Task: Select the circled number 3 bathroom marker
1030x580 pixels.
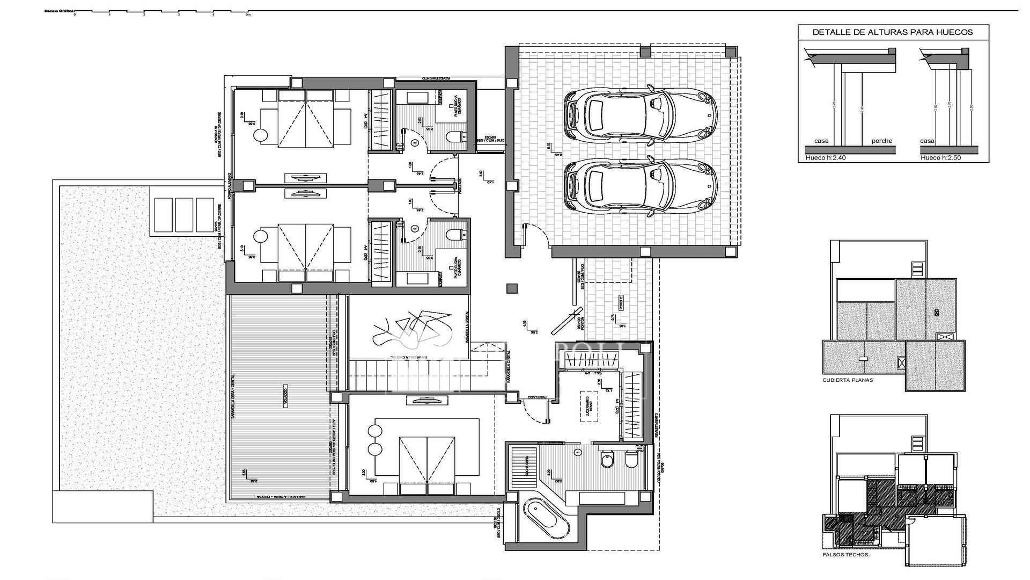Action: point(415,143)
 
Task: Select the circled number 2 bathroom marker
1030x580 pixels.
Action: point(415,228)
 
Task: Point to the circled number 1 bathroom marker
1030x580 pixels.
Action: point(577,453)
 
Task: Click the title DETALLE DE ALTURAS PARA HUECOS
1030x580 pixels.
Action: point(893,32)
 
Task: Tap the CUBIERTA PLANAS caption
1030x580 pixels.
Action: point(848,380)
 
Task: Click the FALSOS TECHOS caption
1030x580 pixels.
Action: point(845,555)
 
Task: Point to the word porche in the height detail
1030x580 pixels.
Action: point(882,141)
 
